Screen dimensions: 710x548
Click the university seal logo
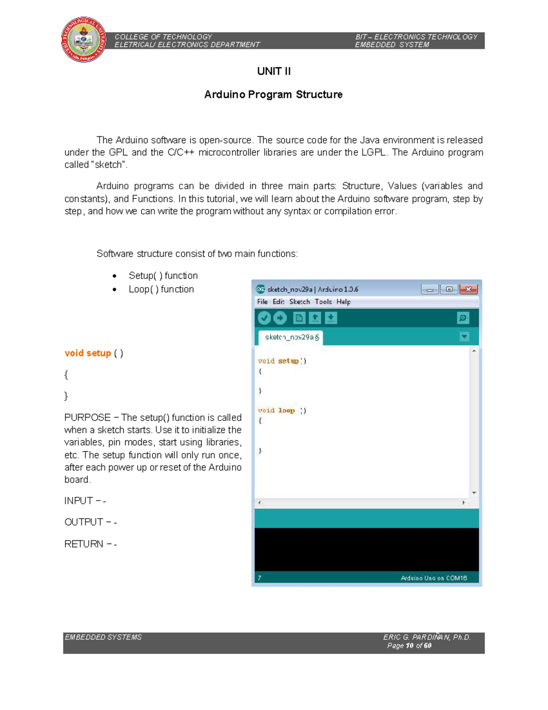pos(84,40)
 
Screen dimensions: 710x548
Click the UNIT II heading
pos(274,71)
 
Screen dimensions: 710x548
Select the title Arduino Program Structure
pos(273,95)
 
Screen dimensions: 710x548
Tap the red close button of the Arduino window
pos(469,289)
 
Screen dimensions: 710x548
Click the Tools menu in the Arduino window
pos(323,302)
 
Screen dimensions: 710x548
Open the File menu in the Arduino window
pos(262,302)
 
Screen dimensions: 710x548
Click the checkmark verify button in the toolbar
pos(264,318)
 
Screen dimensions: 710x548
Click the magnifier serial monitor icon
pos(463,318)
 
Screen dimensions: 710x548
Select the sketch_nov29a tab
pos(291,337)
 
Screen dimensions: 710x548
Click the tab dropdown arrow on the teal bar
pos(464,337)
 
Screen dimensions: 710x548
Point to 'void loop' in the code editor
pos(277,411)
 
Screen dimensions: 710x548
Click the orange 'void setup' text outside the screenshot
pos(88,353)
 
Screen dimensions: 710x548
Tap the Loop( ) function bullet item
pos(161,289)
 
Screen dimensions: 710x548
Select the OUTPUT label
pos(84,522)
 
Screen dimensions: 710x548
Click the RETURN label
pos(84,544)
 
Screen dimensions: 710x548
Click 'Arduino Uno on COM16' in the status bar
pos(433,578)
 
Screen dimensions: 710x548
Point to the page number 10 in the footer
pos(409,646)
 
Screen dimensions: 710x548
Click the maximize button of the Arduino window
pos(449,289)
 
